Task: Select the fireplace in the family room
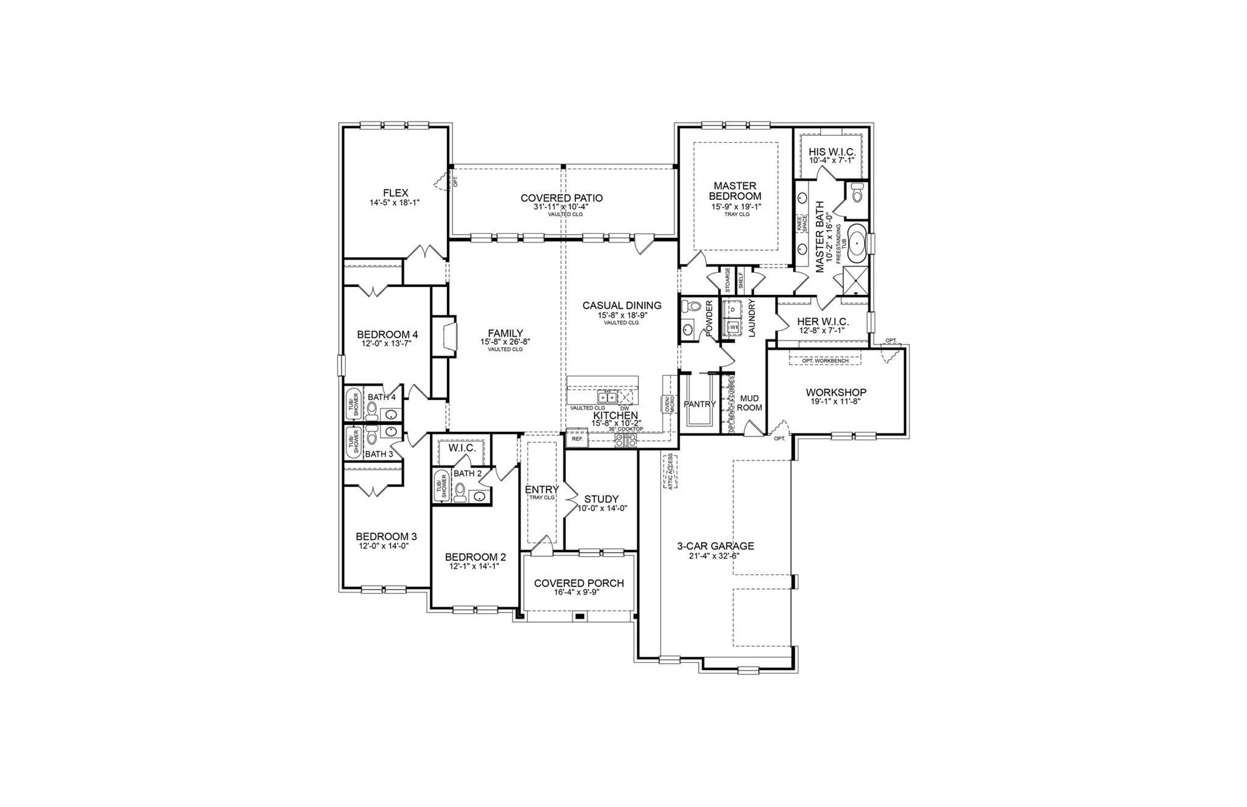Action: [447, 335]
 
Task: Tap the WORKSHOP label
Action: [835, 392]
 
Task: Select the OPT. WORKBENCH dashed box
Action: [826, 361]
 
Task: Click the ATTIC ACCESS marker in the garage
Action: [671, 471]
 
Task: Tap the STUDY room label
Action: [601, 499]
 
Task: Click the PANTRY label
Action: [699, 404]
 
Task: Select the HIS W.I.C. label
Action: [832, 152]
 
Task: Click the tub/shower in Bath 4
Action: [353, 403]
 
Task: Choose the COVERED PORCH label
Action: [578, 583]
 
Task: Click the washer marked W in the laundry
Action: [733, 327]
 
